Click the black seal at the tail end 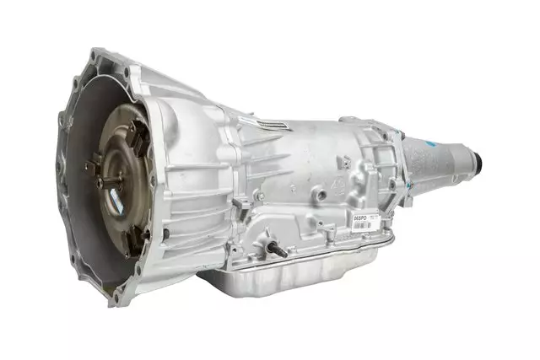tap(477, 159)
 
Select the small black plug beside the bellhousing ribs tap(166, 233)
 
